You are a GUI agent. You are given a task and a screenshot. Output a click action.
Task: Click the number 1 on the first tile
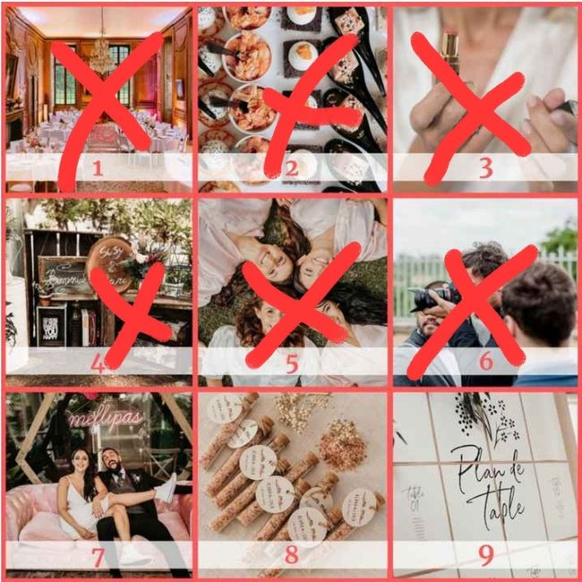[98, 166]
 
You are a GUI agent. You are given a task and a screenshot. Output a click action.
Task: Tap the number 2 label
[291, 166]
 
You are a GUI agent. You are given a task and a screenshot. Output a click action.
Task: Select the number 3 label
[485, 167]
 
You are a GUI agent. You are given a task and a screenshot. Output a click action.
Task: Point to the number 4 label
[98, 363]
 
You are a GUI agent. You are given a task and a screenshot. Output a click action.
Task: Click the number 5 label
[291, 363]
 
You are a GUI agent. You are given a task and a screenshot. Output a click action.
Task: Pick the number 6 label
[485, 363]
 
